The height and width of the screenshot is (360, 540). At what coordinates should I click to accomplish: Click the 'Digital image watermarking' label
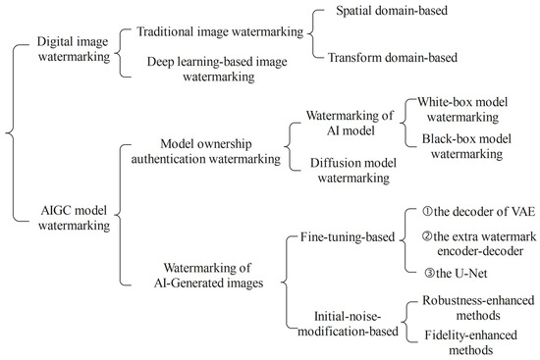pos(65,51)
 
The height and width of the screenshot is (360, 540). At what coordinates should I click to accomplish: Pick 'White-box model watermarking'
pos(470,110)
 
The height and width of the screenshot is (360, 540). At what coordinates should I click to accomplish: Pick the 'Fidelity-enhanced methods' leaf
pos(469,344)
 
